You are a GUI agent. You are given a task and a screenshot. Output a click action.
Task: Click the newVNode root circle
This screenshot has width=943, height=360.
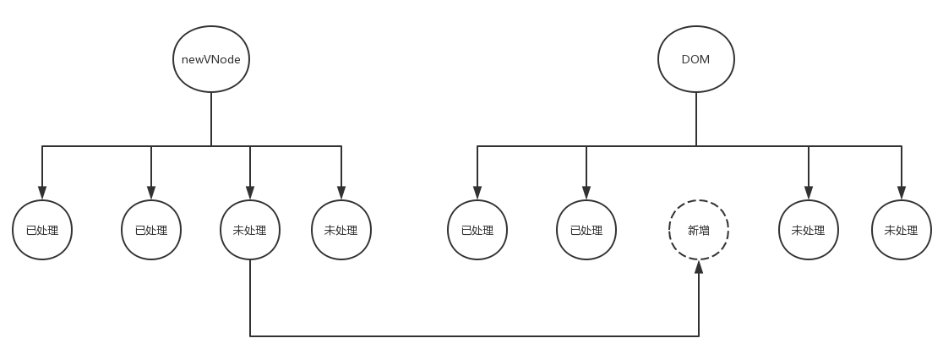(211, 59)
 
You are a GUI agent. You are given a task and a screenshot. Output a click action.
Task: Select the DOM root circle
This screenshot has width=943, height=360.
(695, 59)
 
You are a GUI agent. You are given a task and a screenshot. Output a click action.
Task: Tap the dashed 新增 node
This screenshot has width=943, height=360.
(698, 230)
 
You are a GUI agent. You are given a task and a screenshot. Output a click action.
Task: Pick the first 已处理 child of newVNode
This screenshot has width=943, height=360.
(42, 230)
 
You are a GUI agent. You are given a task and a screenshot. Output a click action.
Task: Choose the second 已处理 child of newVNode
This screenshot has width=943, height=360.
(151, 230)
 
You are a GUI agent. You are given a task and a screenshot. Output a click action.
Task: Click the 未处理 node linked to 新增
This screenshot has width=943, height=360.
(250, 230)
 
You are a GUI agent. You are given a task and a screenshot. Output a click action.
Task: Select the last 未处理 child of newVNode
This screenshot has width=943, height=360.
(341, 230)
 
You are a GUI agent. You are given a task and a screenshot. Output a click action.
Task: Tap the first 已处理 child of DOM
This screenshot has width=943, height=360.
(477, 230)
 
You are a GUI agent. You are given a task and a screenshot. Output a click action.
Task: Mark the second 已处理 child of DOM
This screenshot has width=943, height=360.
(586, 230)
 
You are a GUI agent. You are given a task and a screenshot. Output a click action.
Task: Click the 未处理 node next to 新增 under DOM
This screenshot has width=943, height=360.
(809, 230)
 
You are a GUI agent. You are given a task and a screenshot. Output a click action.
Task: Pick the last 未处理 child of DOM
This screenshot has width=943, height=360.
(901, 230)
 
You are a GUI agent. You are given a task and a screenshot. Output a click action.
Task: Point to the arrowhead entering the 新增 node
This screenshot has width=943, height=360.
(699, 267)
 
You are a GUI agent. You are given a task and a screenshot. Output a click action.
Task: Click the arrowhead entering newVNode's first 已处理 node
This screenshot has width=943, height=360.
(42, 194)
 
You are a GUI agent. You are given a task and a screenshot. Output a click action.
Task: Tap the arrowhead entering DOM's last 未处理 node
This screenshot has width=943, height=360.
(901, 194)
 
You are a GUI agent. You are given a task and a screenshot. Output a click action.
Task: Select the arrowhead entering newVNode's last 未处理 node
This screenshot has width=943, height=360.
(341, 194)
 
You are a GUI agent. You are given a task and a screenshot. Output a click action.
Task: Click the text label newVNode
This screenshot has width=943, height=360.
(211, 60)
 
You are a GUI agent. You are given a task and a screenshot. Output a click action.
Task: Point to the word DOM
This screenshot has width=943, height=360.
(695, 60)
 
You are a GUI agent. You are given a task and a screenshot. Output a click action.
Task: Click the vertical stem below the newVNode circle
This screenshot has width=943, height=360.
(211, 118)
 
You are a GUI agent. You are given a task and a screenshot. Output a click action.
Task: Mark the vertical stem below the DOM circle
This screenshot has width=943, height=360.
(696, 118)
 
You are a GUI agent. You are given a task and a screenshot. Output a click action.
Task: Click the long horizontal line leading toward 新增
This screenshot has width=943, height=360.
(473, 336)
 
